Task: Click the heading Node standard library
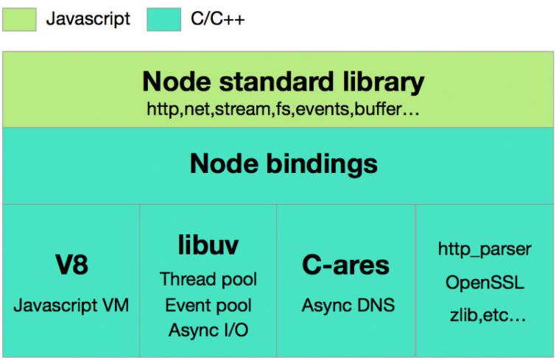283,81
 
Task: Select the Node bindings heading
283,163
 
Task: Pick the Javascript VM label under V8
71,306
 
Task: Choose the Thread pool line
208,280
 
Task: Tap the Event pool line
208,305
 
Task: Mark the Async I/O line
208,330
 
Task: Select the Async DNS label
346,306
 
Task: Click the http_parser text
484,249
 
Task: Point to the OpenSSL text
484,282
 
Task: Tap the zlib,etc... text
484,314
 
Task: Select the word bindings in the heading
325,163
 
